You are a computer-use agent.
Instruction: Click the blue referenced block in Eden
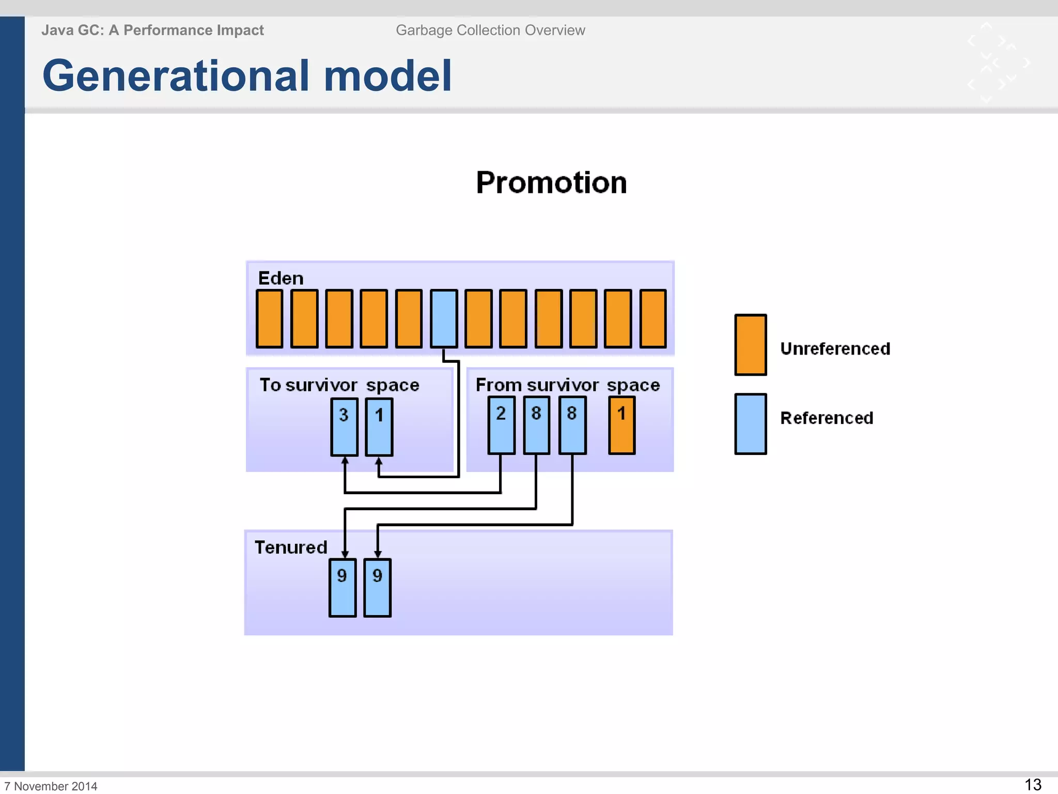coord(444,318)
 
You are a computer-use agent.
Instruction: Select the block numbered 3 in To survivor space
coord(344,427)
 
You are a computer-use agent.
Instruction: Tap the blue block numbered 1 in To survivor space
coord(379,427)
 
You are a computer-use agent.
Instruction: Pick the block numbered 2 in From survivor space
coord(501,425)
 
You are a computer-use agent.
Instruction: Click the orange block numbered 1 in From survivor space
coord(621,425)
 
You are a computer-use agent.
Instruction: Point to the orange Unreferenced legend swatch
coord(750,345)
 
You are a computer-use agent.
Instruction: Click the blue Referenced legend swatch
coord(750,424)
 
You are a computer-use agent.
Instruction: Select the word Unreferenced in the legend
coord(835,349)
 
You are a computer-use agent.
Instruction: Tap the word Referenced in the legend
coord(827,418)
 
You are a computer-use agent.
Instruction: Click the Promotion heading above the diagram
coord(551,182)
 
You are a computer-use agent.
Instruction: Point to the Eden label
coord(281,278)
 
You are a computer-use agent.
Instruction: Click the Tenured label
coord(291,547)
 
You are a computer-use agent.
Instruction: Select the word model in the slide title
coord(387,75)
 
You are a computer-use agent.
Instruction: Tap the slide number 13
coord(1033,784)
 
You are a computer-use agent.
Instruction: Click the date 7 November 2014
coord(51,786)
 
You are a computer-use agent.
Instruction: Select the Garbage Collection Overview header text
coord(490,30)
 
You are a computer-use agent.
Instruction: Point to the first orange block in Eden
coord(269,318)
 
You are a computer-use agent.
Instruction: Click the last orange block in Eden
coord(653,318)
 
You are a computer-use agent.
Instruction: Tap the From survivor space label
coord(567,385)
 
